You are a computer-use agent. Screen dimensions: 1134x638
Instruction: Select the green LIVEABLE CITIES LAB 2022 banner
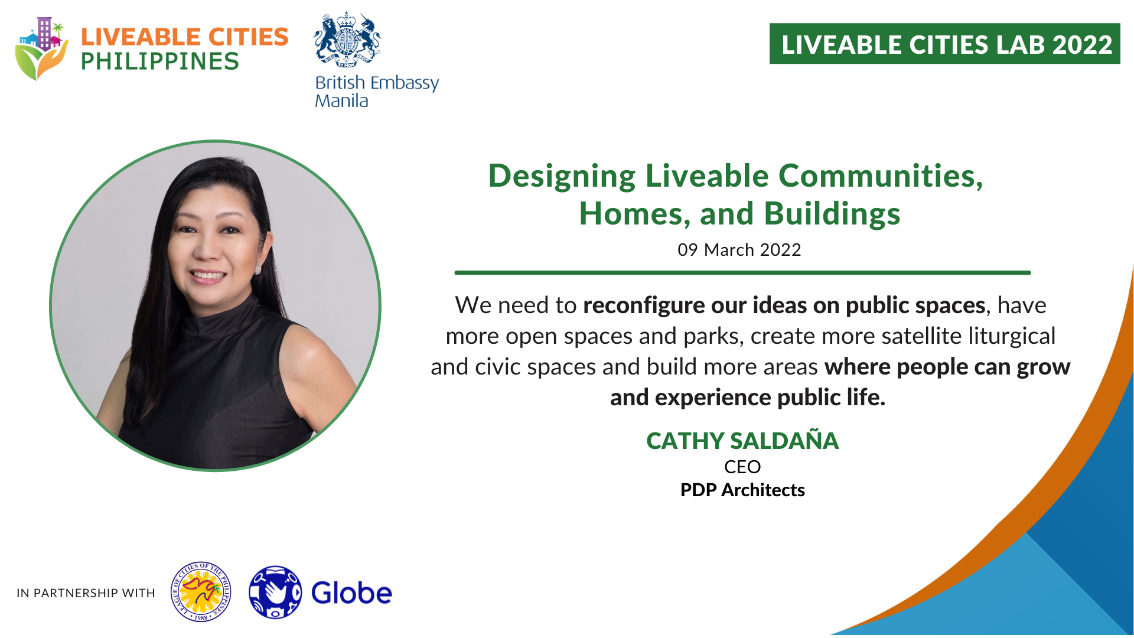coord(944,44)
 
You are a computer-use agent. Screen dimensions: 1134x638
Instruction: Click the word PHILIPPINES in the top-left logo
coord(159,61)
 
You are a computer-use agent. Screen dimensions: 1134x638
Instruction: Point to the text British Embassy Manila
coord(377,91)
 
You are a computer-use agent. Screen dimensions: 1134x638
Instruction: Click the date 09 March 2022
coord(739,250)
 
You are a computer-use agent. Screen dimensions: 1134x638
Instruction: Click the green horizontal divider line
coord(742,273)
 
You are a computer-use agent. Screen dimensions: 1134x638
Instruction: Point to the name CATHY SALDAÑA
coord(742,441)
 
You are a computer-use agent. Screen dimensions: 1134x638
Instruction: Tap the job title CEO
coord(742,467)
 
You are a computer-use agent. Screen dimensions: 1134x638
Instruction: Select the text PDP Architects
coord(742,490)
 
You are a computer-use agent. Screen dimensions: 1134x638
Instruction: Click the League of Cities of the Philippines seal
coord(201,592)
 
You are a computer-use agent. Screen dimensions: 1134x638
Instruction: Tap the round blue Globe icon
coord(275,593)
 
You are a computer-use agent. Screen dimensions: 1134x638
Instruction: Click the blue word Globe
coord(351,593)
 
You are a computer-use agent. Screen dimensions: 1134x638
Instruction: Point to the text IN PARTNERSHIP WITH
coord(86,593)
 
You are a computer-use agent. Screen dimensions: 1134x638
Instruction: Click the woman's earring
coord(258,269)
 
